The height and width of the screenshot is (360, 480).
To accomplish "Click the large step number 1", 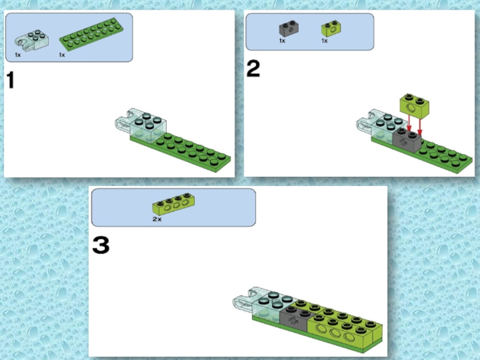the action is pos(10,80).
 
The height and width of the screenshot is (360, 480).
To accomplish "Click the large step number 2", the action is pos(253,68).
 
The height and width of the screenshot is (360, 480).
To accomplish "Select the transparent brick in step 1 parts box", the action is pos(31,41).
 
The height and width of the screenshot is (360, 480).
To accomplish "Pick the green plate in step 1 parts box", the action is pos(91,34).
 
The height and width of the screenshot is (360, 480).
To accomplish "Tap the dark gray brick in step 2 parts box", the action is pos(289,28).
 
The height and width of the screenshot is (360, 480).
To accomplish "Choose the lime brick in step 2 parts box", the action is pos(331,28).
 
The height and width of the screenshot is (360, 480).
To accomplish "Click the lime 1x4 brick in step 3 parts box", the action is pos(173,204).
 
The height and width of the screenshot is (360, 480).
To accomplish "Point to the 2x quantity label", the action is pos(157,219).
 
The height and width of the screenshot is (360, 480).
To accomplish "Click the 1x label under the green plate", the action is pos(62,55).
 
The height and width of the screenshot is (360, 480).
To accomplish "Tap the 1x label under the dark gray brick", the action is pos(282,41).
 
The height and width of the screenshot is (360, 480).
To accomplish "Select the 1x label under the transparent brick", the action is pos(18,55).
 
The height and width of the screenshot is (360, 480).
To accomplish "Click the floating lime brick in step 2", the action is pos(414,106).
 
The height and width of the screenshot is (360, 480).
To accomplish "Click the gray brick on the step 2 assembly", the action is pos(407,140).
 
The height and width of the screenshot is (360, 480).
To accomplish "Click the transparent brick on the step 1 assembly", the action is pos(142,126).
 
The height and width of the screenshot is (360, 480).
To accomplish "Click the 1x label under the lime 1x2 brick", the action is pos(325,41).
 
